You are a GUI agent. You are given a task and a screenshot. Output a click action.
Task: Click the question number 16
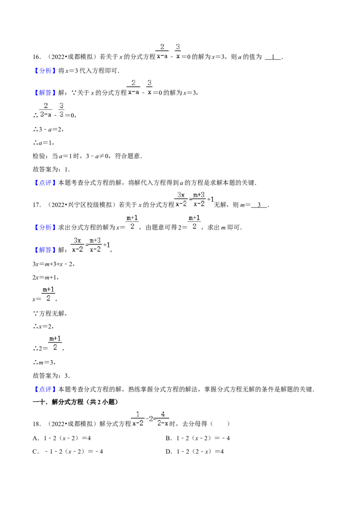pyautogui.click(x=36, y=57)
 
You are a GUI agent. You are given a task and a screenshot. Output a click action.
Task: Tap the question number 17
pyautogui.click(x=36, y=205)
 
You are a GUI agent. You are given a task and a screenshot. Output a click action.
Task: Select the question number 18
pyautogui.click(x=36, y=424)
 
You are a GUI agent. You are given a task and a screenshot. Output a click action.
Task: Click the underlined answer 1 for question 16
pyautogui.click(x=273, y=57)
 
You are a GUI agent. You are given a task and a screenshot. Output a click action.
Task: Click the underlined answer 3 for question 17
pyautogui.click(x=259, y=205)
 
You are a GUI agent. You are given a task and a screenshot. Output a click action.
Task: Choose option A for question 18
pyautogui.click(x=62, y=438)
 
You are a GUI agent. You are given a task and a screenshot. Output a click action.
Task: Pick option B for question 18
pyautogui.click(x=198, y=438)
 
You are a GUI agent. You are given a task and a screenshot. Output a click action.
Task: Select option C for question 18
pyautogui.click(x=68, y=451)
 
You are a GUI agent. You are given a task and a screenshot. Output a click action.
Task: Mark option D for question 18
pyautogui.click(x=194, y=451)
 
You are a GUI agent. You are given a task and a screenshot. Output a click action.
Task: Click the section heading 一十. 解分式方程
pyautogui.click(x=76, y=402)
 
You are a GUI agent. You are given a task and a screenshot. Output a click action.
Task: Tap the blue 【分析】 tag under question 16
pyautogui.click(x=43, y=71)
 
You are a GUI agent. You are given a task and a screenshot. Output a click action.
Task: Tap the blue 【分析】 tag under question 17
pyautogui.click(x=43, y=228)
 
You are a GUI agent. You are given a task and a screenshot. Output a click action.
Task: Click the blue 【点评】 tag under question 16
pyautogui.click(x=43, y=183)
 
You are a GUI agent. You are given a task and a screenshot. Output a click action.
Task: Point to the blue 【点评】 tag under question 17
pyautogui.click(x=43, y=389)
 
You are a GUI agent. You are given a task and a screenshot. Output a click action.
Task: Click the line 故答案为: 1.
pyautogui.click(x=51, y=170)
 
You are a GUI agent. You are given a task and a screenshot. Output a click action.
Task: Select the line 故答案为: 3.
pyautogui.click(x=51, y=376)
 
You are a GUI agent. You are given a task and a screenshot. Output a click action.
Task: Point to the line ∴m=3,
pyautogui.click(x=45, y=362)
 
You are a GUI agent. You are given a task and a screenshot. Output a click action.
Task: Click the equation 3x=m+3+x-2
pyautogui.click(x=54, y=264)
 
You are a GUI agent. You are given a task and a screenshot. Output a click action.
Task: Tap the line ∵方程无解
pyautogui.click(x=50, y=313)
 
